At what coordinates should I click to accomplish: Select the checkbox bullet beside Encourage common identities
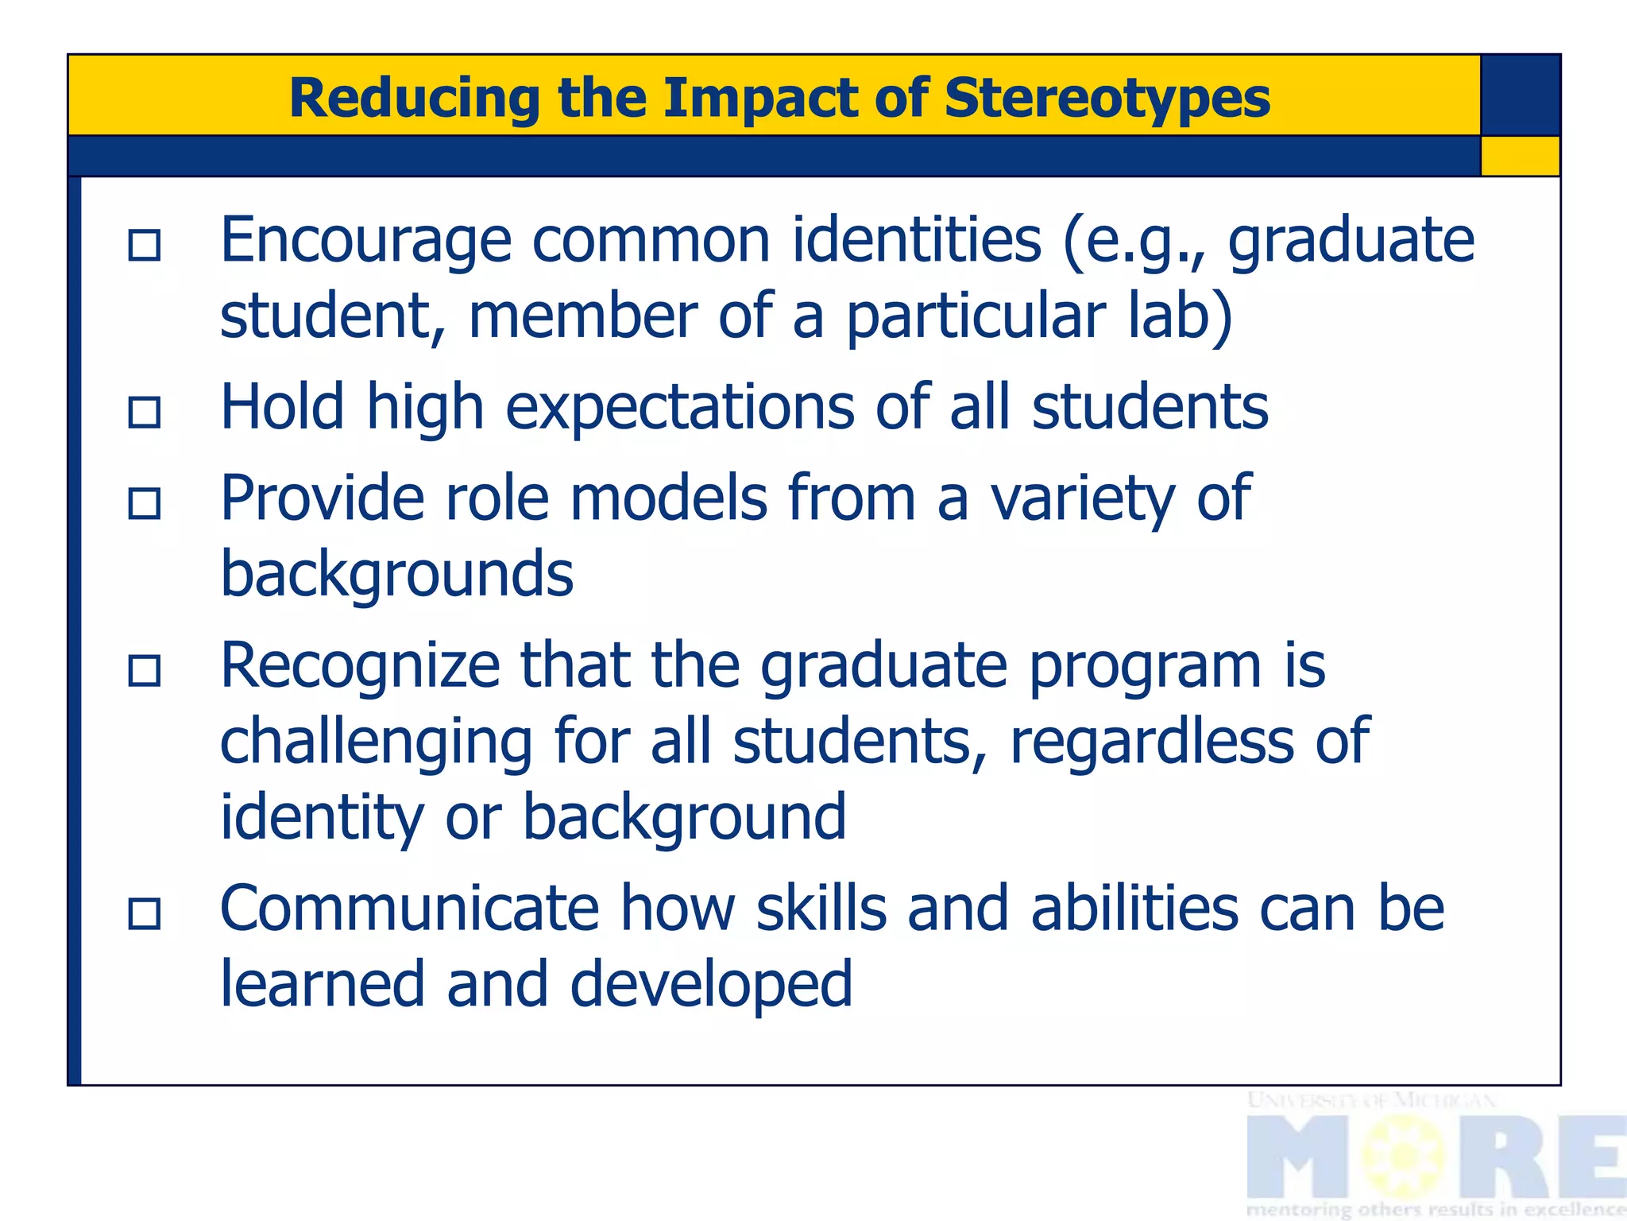(x=145, y=245)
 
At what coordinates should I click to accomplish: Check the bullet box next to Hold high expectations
(x=145, y=412)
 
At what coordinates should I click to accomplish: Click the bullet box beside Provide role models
(x=145, y=503)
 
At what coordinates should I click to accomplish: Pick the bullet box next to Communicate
(x=145, y=913)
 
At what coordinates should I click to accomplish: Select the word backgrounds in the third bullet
(x=396, y=574)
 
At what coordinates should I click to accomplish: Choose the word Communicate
(x=409, y=909)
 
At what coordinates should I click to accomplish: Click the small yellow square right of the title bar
(x=1521, y=156)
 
